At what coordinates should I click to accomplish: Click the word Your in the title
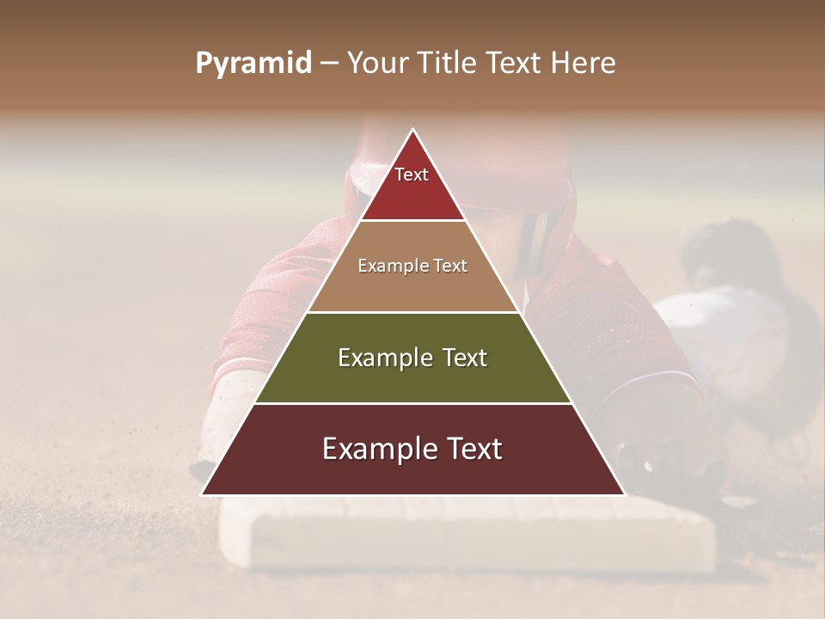[376, 64]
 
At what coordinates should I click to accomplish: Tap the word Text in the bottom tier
[468, 449]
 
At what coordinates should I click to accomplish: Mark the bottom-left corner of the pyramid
[203, 494]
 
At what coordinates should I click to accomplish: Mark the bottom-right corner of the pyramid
[624, 494]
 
